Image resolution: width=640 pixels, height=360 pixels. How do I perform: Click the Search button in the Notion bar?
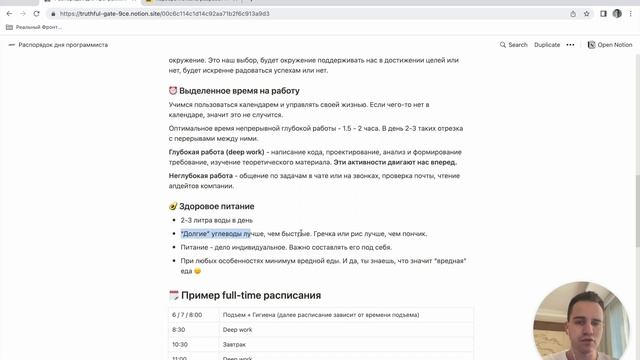tap(512, 45)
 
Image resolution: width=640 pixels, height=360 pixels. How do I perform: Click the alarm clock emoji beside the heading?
tap(174, 91)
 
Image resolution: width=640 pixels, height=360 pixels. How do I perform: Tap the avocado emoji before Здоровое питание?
tap(174, 205)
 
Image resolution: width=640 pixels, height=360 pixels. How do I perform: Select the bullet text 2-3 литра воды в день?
tap(216, 220)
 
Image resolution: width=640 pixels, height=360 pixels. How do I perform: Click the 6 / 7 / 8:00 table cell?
tap(187, 314)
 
